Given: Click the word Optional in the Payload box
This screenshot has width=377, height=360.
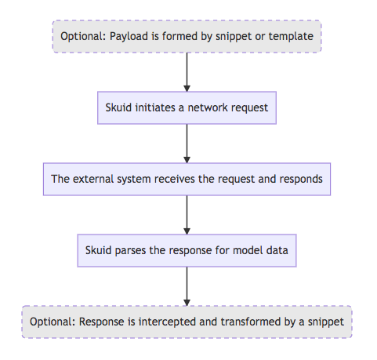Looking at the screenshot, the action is pyautogui.click(x=83, y=36).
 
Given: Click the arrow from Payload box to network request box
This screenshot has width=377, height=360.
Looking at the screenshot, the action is pyautogui.click(x=187, y=72).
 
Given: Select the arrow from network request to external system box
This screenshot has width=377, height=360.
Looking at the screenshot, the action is pyautogui.click(x=187, y=144).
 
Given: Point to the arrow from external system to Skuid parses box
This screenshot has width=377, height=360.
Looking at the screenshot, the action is pyautogui.click(x=187, y=215).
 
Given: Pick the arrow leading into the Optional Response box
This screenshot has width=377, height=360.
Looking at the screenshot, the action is pyautogui.click(x=187, y=286).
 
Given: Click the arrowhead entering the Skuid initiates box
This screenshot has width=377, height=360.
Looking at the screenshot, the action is pyautogui.click(x=187, y=89).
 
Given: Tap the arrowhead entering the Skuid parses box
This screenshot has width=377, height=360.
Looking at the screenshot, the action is pyautogui.click(x=187, y=231).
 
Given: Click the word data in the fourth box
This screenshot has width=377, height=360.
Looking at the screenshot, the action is pyautogui.click(x=277, y=250).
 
